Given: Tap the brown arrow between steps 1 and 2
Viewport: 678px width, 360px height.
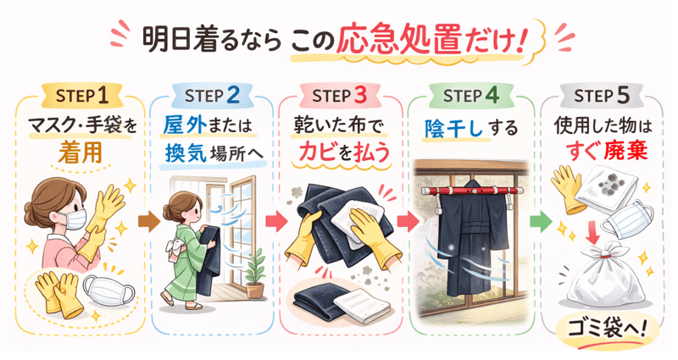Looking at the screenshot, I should (x=148, y=223).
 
